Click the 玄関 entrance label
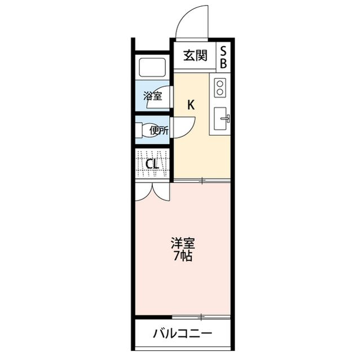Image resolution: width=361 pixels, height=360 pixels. pos(195,55)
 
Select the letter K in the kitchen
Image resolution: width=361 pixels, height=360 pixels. pos(191,104)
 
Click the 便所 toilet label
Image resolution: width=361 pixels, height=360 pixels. pos(158,130)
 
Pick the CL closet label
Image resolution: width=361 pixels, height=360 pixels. pos(151,164)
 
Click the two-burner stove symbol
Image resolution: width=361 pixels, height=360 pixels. pos(220,87)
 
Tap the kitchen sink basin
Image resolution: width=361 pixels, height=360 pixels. pos(221,118)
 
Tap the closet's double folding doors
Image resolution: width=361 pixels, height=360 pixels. pos(152,190)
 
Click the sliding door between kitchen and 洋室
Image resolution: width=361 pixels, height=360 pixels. pos(201,181)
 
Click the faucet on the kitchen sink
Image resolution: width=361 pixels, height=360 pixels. pos(227,118)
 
